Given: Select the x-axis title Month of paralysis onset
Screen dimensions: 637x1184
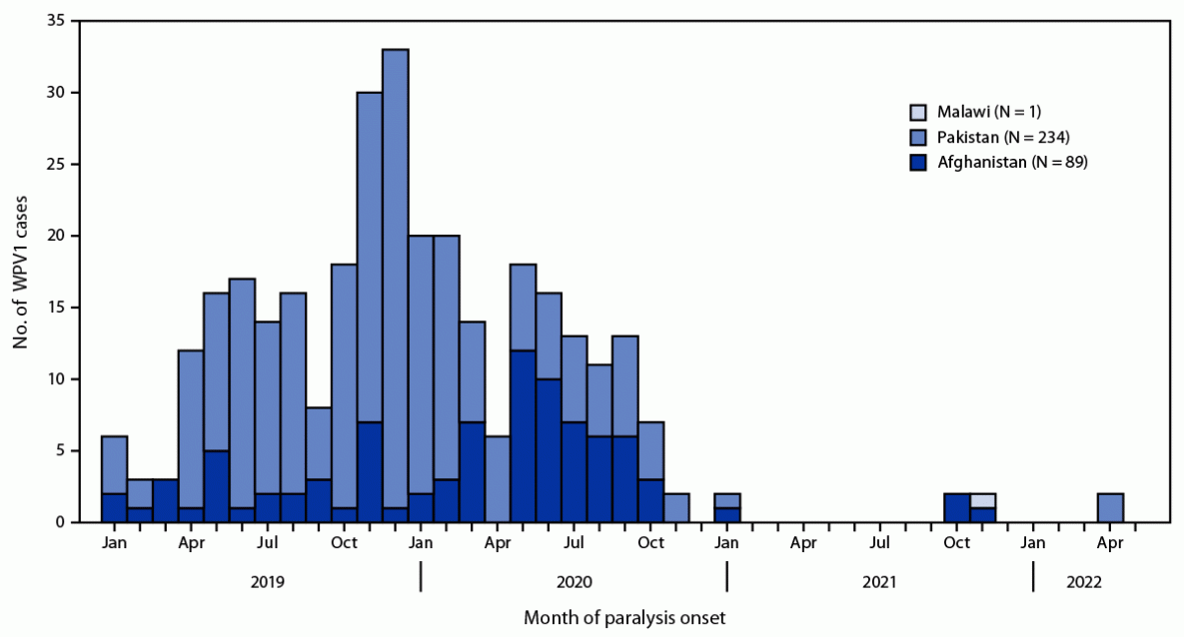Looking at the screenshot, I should pos(624,618).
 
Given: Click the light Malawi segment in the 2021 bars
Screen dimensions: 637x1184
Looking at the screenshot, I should pos(983,500).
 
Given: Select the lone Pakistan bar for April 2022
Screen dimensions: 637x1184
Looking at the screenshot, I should pos(1110,507).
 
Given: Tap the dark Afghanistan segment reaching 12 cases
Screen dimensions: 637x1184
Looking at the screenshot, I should pos(524,435).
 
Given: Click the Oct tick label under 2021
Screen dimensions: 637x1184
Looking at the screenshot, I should pos(957,543).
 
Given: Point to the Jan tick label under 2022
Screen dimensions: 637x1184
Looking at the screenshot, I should pos(1034,543).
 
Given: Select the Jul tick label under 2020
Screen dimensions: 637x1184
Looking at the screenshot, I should pos(574,543).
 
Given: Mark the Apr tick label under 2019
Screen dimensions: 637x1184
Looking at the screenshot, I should pos(191,543).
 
